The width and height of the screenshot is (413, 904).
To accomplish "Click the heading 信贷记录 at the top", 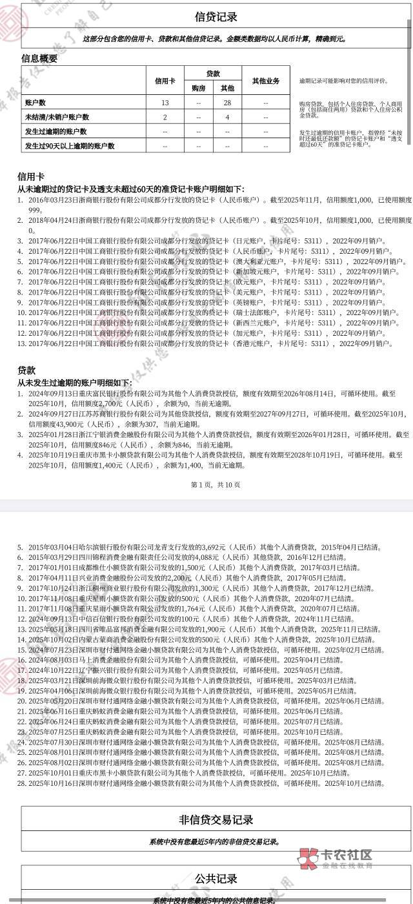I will tap(216, 17).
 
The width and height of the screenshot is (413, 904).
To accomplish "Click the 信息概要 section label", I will tap(39, 58).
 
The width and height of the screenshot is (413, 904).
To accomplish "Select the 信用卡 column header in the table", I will tap(165, 81).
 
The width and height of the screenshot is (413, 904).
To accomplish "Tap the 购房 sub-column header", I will tap(199, 88).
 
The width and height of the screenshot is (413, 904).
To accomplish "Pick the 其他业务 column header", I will tap(265, 81).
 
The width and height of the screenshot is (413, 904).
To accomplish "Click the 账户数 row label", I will tap(35, 103).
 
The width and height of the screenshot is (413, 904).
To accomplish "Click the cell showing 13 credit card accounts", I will tap(165, 103).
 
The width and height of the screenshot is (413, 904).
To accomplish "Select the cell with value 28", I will tap(227, 103).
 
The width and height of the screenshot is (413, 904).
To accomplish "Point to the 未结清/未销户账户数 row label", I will tap(57, 117).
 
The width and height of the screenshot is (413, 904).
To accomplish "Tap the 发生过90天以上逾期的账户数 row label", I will tap(70, 146).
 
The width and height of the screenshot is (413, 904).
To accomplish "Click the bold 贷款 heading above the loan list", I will tap(26, 370).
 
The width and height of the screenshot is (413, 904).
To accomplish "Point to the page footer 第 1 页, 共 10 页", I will tap(216, 484).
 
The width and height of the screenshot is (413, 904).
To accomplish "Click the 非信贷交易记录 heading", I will tap(216, 820).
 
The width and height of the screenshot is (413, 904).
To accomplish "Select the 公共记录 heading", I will tap(216, 879).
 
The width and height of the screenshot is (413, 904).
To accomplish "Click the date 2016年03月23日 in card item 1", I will tap(52, 200).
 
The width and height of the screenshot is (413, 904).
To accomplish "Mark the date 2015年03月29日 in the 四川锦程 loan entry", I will tap(52, 557).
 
